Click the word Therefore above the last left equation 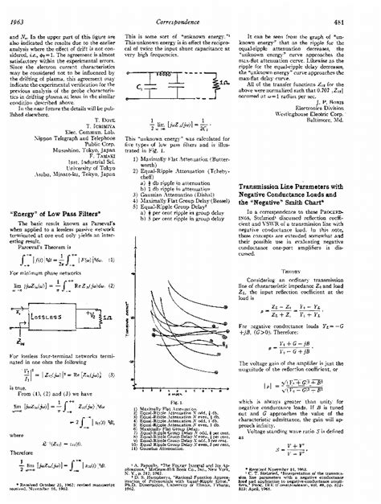(x=25, y=452)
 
